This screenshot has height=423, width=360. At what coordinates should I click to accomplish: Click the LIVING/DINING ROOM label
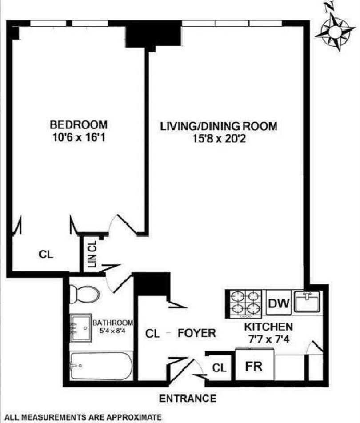click(x=219, y=126)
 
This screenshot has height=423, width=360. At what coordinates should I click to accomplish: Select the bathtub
click(x=101, y=366)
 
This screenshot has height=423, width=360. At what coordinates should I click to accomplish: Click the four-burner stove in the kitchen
click(x=244, y=304)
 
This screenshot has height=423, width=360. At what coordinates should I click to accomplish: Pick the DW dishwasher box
click(x=279, y=304)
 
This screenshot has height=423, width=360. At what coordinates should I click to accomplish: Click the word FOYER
click(x=197, y=333)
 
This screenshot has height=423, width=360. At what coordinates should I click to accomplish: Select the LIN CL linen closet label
click(x=92, y=255)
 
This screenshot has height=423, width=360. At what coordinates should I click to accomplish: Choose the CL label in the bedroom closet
click(x=46, y=255)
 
